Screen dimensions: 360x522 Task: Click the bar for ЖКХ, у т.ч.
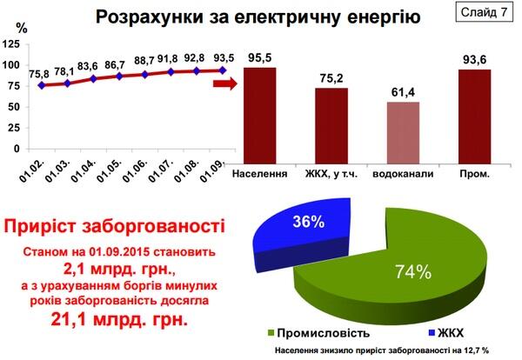click(x=331, y=124)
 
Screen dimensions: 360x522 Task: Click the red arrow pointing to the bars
click(x=224, y=83)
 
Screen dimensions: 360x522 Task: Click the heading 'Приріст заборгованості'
click(x=110, y=229)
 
